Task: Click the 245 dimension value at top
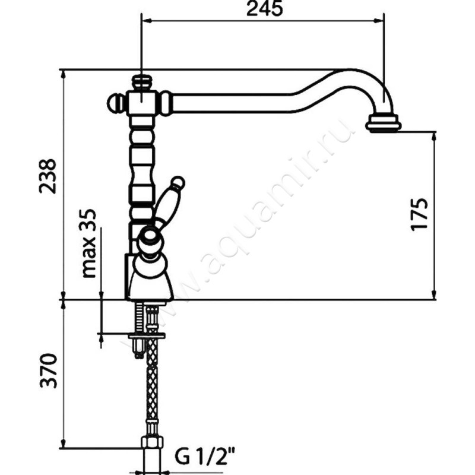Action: point(264,8)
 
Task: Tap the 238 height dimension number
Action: point(48,176)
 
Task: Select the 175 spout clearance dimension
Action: point(420,214)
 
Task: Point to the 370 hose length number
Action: point(49,370)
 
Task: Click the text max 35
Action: point(89,243)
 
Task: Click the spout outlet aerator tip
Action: point(383,123)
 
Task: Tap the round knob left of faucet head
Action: point(115,103)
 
